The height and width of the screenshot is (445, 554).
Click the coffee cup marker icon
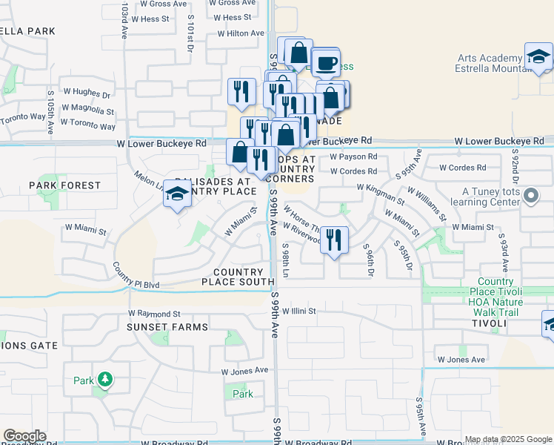(325, 62)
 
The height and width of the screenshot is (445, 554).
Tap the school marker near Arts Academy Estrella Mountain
(538, 56)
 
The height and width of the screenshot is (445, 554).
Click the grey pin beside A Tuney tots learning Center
(530, 197)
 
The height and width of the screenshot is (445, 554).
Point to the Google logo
(24, 436)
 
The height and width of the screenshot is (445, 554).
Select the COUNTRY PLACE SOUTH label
(238, 277)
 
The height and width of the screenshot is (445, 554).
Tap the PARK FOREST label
(64, 185)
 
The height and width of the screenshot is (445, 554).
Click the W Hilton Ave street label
(241, 33)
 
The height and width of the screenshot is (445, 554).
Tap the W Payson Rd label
(353, 157)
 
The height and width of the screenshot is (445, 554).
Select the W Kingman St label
(381, 195)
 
